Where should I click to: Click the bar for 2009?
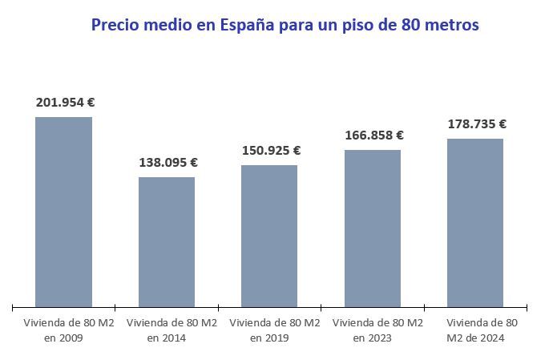[64, 212]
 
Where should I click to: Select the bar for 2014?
[167, 241]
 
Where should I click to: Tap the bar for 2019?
[269, 236]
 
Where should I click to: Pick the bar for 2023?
[373, 228]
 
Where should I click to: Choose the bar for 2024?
[475, 222]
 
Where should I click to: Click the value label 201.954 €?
[66, 103]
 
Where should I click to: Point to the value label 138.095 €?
[168, 163]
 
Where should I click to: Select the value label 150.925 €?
[272, 151]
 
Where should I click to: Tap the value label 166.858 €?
[374, 136]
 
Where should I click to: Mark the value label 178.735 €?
[477, 124]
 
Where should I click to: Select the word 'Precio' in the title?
[115, 26]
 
